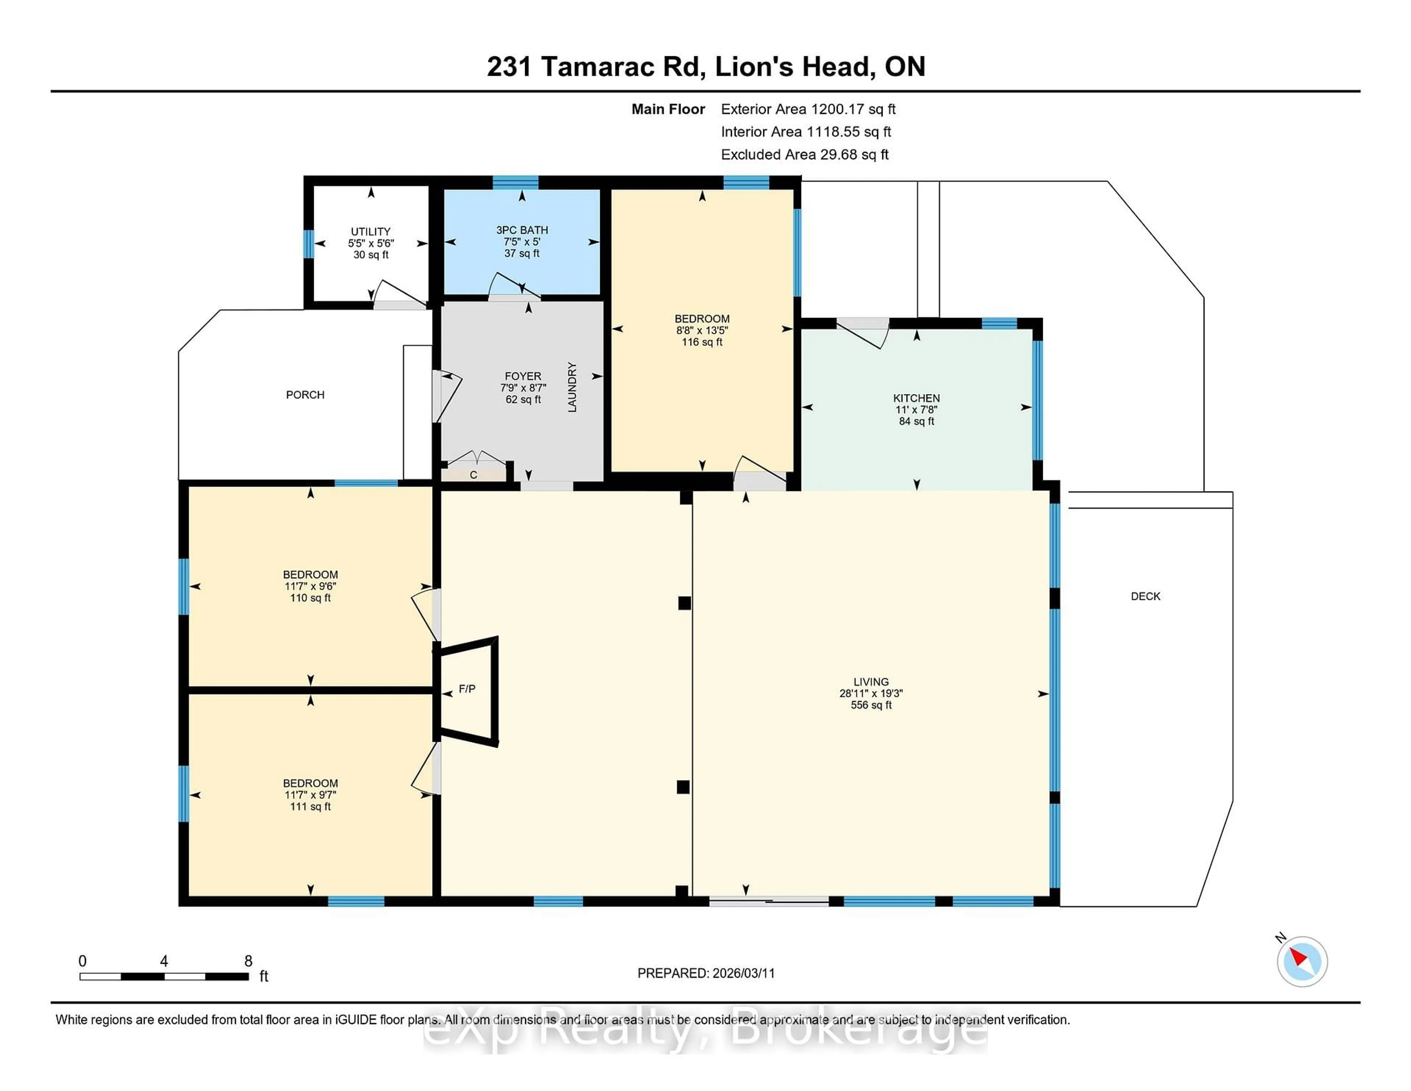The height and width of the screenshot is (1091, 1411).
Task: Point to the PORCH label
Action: pyautogui.click(x=305, y=395)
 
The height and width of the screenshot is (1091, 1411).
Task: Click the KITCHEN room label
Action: pyautogui.click(x=916, y=398)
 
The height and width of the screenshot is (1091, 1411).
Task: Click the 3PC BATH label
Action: pyautogui.click(x=522, y=230)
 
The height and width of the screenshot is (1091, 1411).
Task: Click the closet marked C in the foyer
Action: pyautogui.click(x=474, y=475)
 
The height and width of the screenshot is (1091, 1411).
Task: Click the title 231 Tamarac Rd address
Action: pyautogui.click(x=705, y=67)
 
